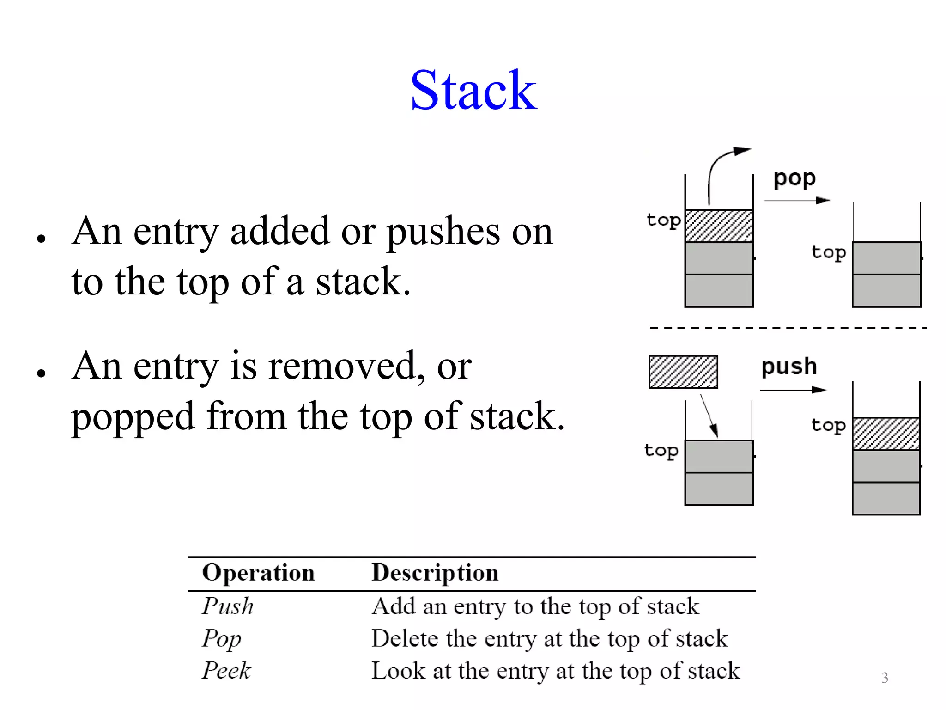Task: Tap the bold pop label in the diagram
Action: tap(794, 178)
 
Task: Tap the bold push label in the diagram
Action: tap(789, 367)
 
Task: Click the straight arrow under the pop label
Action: tap(797, 201)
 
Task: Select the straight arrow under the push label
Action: tap(793, 390)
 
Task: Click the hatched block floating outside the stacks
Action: tap(683, 372)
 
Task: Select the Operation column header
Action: tap(259, 573)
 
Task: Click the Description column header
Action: tap(435, 573)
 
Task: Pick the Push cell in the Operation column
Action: tap(228, 606)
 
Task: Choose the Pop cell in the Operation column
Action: tap(222, 639)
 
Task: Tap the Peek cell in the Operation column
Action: tap(226, 671)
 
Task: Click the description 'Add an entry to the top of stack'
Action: tap(535, 606)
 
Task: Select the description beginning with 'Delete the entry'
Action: tap(550, 639)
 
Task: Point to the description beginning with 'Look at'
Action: tap(556, 671)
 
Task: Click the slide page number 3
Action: tap(885, 678)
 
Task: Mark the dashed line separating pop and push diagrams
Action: tap(788, 328)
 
